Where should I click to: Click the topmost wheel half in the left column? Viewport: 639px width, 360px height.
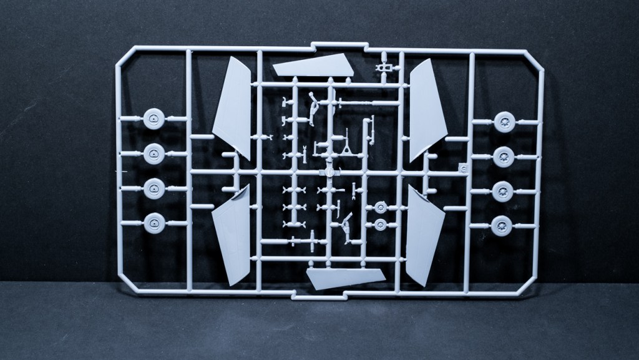pyautogui.click(x=154, y=119)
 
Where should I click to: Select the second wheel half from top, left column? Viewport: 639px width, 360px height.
pyautogui.click(x=154, y=153)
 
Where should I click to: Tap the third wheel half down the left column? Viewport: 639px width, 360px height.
pyautogui.click(x=154, y=188)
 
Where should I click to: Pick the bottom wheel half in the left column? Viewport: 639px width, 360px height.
pyautogui.click(x=154, y=222)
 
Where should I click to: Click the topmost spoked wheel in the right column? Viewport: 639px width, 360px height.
pyautogui.click(x=504, y=122)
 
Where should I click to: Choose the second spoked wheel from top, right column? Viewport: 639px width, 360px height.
pyautogui.click(x=504, y=157)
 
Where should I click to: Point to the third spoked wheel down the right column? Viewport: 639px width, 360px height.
pyautogui.click(x=504, y=191)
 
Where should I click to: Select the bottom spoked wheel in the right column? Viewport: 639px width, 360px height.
pyautogui.click(x=504, y=225)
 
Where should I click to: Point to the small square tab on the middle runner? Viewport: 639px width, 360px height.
pyautogui.click(x=462, y=167)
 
